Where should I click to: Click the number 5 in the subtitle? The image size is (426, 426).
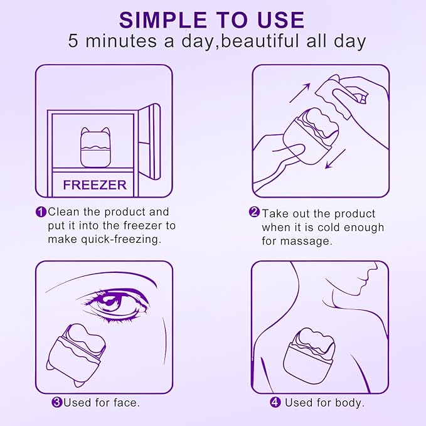(x=75, y=43)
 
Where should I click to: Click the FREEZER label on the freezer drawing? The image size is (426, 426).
(x=95, y=184)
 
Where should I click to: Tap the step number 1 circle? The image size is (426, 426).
(x=41, y=212)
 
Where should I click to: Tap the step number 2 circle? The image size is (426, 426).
(x=254, y=213)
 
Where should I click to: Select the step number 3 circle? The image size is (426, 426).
(x=56, y=402)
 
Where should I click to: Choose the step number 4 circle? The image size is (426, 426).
(x=275, y=402)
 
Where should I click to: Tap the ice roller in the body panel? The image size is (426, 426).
(x=310, y=357)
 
